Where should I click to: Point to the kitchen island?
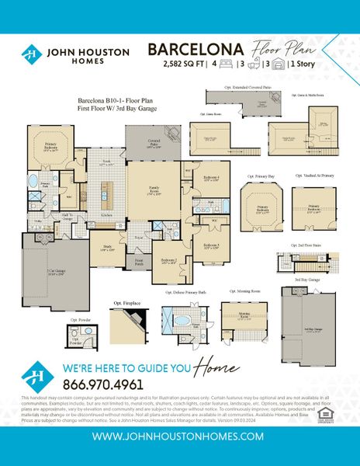pos(113,192)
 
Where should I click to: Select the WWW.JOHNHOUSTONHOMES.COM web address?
pos(179,437)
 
